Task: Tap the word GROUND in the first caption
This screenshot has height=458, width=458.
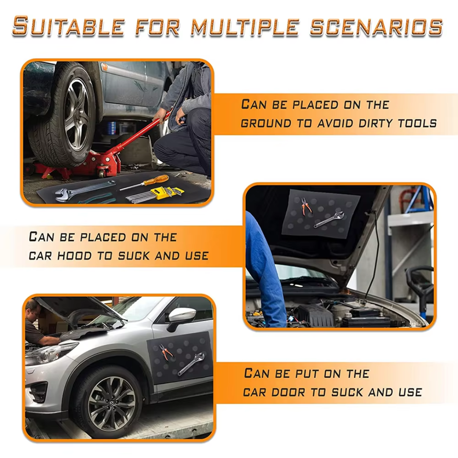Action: point(266,123)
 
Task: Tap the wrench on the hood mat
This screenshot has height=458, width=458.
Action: point(328,219)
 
